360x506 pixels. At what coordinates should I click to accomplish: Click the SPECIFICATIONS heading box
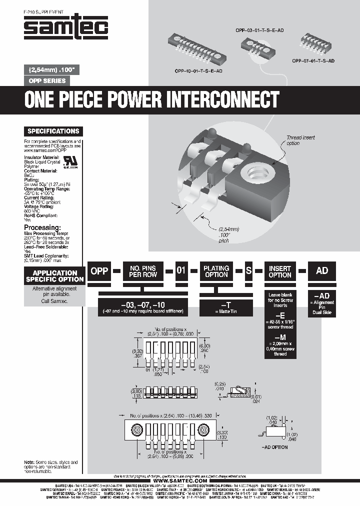(x=53, y=131)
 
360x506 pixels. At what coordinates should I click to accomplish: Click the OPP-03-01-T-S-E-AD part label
(x=259, y=30)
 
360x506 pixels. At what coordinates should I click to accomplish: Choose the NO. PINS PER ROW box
(x=143, y=271)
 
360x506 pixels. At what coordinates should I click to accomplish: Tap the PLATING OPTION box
(x=216, y=271)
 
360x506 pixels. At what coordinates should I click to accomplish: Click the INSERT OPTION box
(x=280, y=271)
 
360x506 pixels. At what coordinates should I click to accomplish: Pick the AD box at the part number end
(x=322, y=270)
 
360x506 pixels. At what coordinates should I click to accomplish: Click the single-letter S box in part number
(x=248, y=270)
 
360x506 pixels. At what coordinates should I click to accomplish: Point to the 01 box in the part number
(x=181, y=270)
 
